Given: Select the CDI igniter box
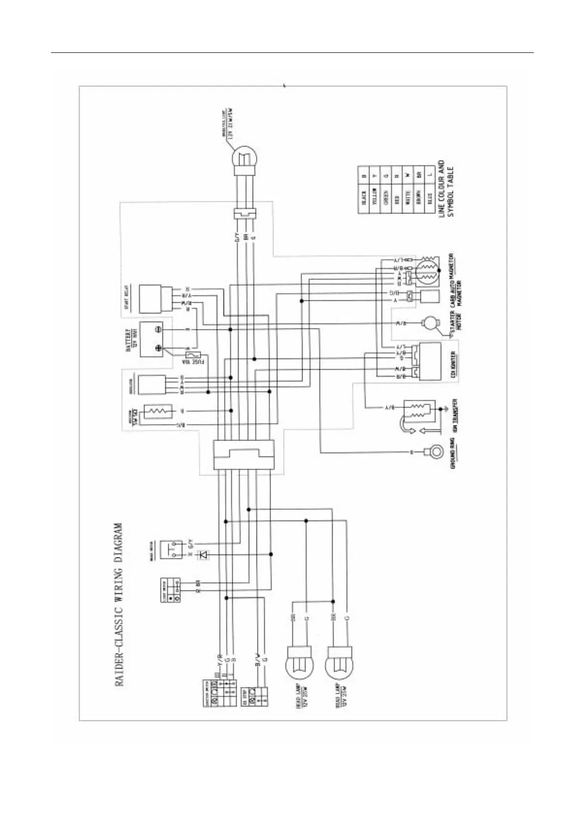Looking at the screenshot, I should [x=431, y=361].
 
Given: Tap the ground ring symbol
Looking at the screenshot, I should [x=435, y=452].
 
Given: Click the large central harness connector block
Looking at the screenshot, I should [x=244, y=455].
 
